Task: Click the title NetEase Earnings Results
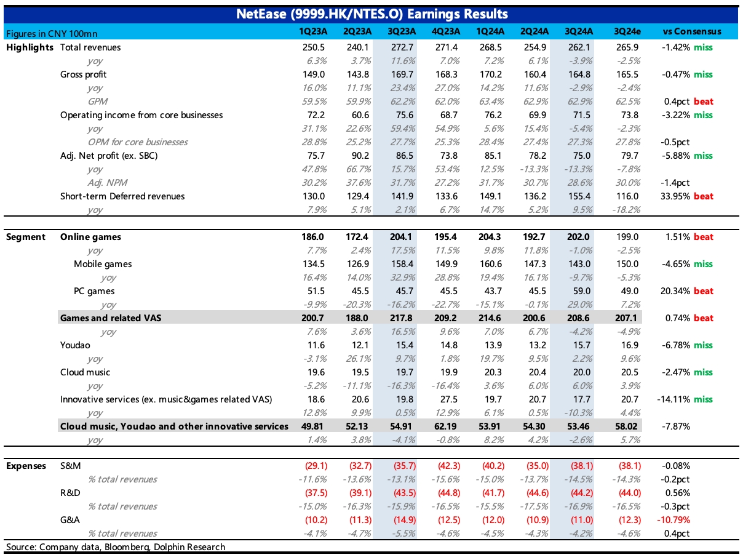tap(371, 14)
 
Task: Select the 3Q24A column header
tap(579, 31)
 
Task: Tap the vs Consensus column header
tap(691, 31)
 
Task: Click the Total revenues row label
tap(90, 47)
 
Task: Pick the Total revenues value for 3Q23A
tap(402, 47)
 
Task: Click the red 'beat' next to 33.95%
tap(703, 196)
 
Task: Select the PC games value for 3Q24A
tap(581, 291)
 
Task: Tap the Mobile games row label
tap(103, 264)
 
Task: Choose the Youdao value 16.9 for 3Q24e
tap(629, 345)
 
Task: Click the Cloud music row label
tap(85, 372)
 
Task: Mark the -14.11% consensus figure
tap(673, 399)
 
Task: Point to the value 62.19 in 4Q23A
tap(445, 426)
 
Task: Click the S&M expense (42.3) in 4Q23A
tap(449, 466)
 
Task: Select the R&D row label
tap(70, 493)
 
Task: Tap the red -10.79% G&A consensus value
tap(673, 520)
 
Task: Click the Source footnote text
tap(116, 547)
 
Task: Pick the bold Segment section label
tap(26, 237)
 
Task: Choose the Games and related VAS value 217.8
tap(401, 318)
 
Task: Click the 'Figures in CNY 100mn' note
tap(52, 34)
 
